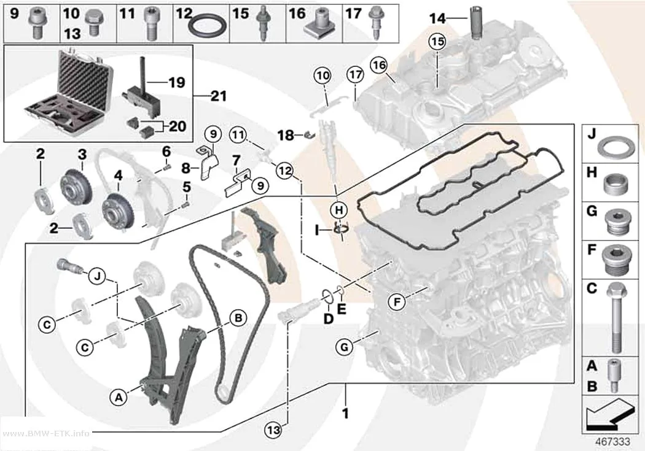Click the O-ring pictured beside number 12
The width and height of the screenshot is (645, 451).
coord(207,26)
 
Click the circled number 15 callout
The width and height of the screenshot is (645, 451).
coord(437,42)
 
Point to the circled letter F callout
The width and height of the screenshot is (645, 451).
coord(397,303)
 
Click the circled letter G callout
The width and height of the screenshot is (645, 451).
coord(344,347)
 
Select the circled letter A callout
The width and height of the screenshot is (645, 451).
coord(119,397)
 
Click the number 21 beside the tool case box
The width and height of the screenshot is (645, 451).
coord(219,96)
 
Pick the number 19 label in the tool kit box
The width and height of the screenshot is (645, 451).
coord(177,82)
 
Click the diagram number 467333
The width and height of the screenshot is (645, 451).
coord(613,442)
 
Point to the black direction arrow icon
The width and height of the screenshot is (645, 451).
coord(609,414)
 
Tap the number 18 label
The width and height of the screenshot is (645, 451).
coord(286,135)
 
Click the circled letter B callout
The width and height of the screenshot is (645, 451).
coord(238,318)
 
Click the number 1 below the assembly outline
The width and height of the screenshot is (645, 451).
coord(345,413)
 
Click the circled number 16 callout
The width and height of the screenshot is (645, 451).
coord(379,65)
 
